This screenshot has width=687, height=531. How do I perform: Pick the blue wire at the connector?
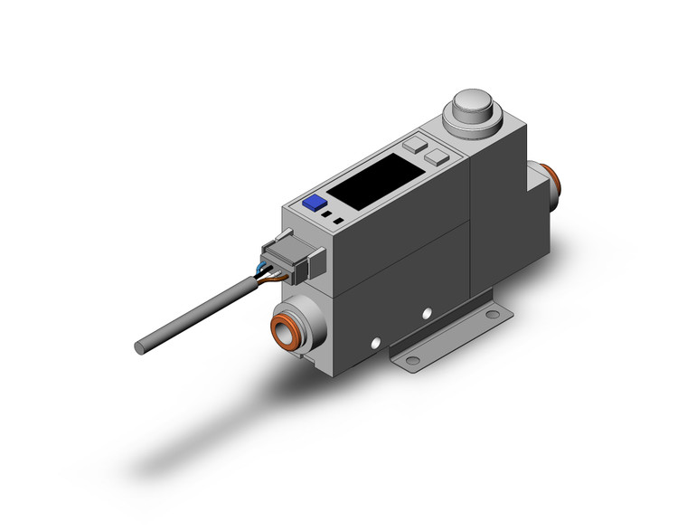pos(261,266)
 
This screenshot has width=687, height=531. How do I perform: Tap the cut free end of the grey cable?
pos(139,346)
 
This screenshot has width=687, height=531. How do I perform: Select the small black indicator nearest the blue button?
pos(325,217)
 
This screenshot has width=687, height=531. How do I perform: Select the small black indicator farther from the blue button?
pos(338,220)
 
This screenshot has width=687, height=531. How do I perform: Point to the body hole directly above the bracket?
pos(427,314)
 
